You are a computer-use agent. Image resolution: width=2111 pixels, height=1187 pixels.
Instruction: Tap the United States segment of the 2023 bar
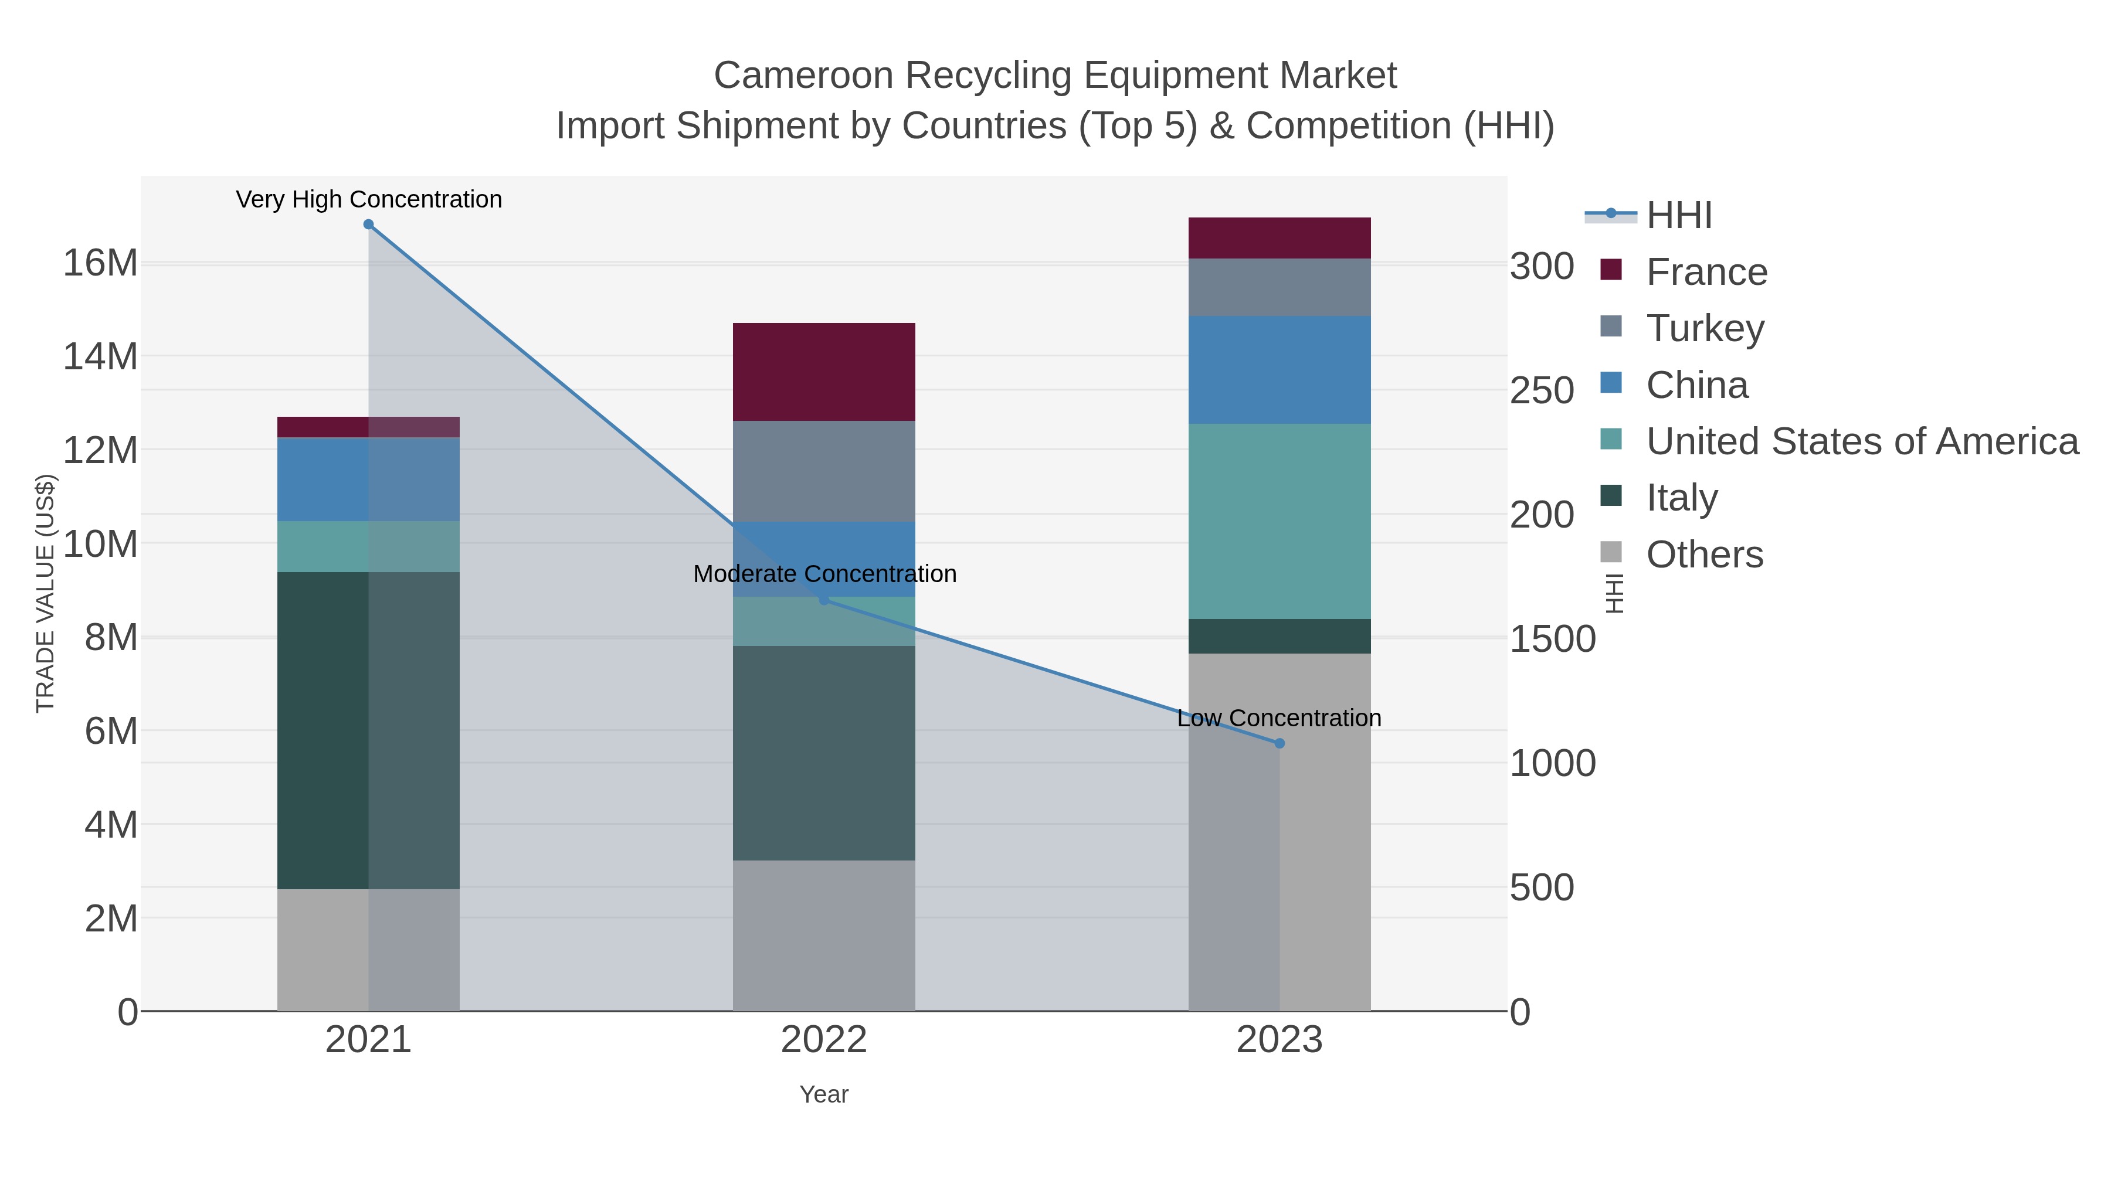pyautogui.click(x=1280, y=521)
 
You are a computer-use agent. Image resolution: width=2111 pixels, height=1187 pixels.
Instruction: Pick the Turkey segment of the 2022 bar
pyautogui.click(x=824, y=471)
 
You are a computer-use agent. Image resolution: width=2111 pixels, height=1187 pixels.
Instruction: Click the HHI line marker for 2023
pyautogui.click(x=1280, y=743)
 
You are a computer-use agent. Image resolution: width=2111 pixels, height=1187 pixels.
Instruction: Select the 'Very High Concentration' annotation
pyautogui.click(x=369, y=200)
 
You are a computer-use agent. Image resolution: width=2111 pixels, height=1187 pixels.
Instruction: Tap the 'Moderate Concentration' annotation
pyautogui.click(x=824, y=574)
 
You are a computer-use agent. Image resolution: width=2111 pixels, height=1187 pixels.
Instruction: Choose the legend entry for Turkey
pyautogui.click(x=1705, y=328)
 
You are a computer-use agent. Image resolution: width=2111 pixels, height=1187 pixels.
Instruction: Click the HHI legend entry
pyautogui.click(x=1678, y=216)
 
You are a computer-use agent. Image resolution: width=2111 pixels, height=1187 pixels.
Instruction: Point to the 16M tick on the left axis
pyautogui.click(x=100, y=264)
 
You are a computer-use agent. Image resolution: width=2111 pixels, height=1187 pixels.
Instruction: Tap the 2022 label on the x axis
pyautogui.click(x=824, y=1041)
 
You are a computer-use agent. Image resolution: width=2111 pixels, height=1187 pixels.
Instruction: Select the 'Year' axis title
pyautogui.click(x=824, y=1094)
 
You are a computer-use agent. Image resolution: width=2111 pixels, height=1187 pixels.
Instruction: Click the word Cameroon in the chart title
pyautogui.click(x=803, y=76)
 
